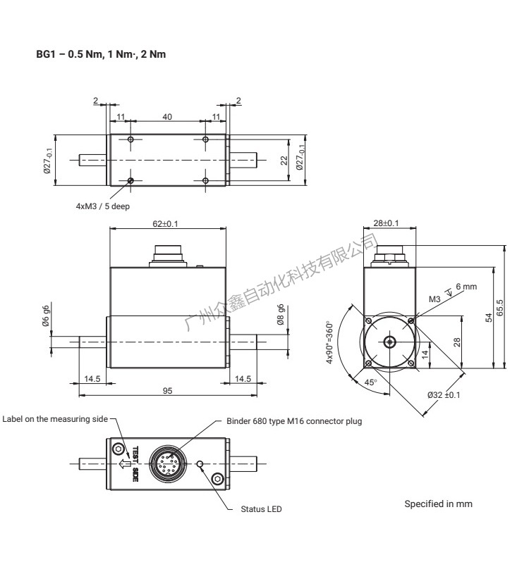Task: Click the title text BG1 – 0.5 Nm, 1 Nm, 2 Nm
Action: point(101,54)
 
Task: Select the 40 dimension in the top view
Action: point(167,117)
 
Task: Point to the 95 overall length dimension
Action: point(167,392)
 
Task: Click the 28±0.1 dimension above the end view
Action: point(386,223)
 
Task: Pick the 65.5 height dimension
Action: point(500,307)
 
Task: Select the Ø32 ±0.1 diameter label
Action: point(444,394)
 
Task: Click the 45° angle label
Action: point(370,382)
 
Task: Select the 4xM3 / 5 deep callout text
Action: point(103,207)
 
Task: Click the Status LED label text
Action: point(261,509)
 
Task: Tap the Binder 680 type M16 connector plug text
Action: point(293,421)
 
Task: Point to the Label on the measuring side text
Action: point(55,418)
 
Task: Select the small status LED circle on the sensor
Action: point(201,464)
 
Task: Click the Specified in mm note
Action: point(438,504)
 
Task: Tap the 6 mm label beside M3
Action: point(466,287)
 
